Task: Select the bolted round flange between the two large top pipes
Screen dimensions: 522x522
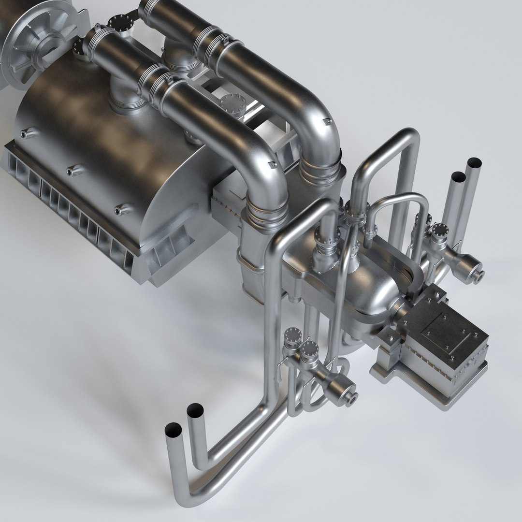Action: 117,23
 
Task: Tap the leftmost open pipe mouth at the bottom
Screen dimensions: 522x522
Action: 173,429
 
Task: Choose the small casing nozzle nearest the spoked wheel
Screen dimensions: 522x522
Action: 26,131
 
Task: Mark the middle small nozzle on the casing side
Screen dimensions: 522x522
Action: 72,170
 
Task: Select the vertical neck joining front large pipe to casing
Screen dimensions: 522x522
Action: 120,97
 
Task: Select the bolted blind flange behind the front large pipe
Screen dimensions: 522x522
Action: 229,104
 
